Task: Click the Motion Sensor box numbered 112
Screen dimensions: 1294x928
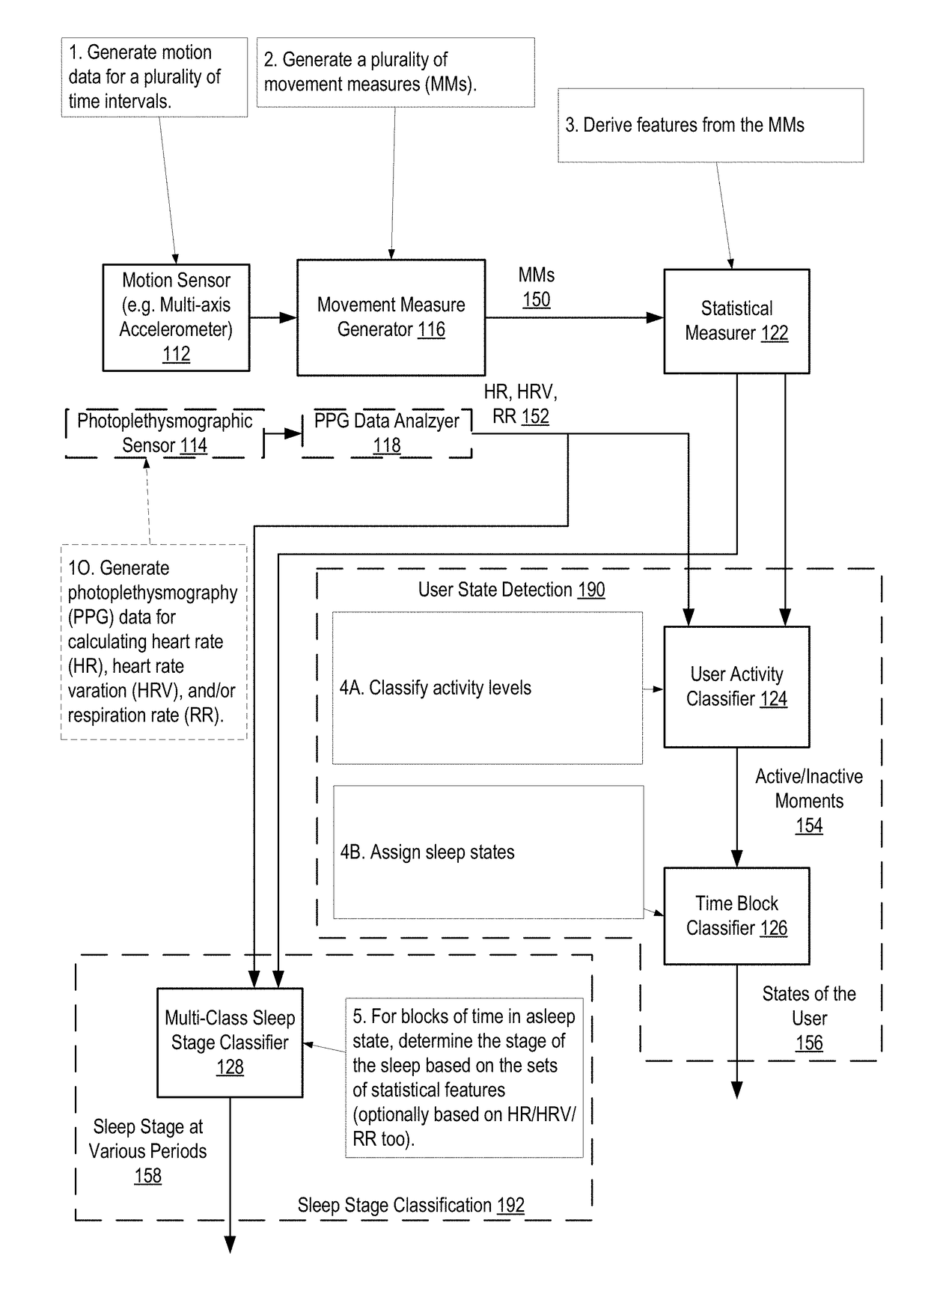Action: pos(176,317)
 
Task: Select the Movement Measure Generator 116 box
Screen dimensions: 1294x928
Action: pos(391,317)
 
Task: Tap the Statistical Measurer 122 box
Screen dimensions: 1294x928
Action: pos(736,321)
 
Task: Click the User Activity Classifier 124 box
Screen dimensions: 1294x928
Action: pos(736,686)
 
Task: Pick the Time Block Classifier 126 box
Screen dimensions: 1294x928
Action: pos(736,915)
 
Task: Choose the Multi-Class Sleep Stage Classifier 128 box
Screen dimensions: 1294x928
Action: pos(230,1043)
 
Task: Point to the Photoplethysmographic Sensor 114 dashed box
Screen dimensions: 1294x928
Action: pos(165,433)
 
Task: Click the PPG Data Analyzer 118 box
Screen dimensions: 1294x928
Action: pos(386,433)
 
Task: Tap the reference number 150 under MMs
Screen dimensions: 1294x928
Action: pos(536,300)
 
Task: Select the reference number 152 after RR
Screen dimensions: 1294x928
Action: pos(535,417)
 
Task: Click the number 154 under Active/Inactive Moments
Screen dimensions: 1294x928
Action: pos(809,825)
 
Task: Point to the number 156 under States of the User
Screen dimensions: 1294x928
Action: pos(809,1043)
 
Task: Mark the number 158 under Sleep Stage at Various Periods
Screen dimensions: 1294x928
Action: pos(148,1176)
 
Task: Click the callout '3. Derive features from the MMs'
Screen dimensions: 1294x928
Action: pos(710,125)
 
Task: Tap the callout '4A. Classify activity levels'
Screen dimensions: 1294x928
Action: pos(487,688)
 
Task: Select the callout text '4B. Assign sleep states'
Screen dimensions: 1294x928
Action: pos(427,852)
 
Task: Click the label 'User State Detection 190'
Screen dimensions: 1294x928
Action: pos(511,590)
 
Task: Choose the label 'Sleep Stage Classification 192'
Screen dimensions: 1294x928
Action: pos(411,1205)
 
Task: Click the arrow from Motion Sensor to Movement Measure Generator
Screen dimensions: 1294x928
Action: pos(273,317)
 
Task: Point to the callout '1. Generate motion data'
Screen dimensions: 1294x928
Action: pos(154,77)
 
